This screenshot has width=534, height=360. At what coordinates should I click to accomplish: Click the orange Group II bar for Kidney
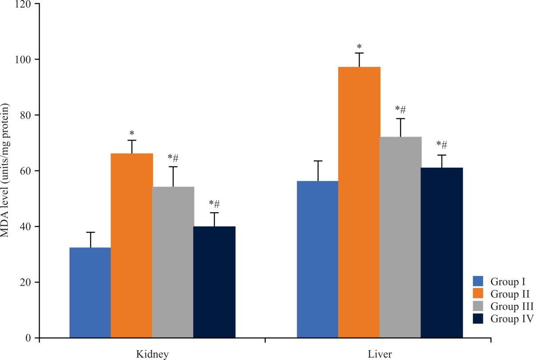(131, 245)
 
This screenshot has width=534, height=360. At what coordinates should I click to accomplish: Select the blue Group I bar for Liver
(317, 258)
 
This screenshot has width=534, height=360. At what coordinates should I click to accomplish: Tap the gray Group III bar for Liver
(400, 236)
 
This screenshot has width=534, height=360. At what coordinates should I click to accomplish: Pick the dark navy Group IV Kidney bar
(214, 280)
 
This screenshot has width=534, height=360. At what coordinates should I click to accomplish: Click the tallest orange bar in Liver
(359, 200)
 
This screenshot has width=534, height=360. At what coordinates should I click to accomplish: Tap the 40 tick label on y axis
(26, 227)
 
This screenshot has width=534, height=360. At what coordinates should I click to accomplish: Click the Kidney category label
(152, 354)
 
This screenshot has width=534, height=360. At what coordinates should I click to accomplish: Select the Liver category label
(380, 354)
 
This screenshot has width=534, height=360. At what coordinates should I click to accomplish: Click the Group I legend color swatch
(478, 281)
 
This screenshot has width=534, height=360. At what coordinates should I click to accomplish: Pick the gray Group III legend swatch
(478, 306)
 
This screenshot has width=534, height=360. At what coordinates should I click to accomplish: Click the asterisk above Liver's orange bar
(359, 46)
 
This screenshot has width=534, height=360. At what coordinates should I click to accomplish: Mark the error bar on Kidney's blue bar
(90, 239)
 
